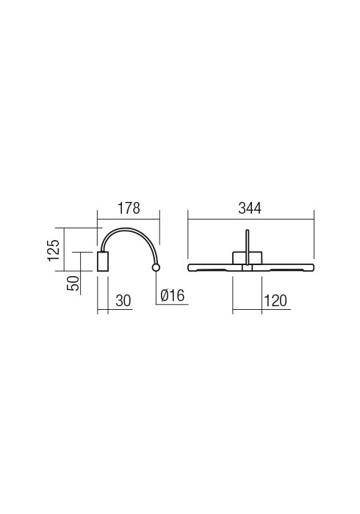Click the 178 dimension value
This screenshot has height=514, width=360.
[129, 209]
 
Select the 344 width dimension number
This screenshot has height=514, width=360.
[250, 209]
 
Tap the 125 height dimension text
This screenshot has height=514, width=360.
[54, 250]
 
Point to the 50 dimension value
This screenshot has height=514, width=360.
[73, 283]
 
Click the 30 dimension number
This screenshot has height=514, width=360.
[123, 300]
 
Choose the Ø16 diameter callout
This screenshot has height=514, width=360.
[173, 296]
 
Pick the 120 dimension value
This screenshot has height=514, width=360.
[275, 300]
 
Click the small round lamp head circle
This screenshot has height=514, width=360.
[156, 268]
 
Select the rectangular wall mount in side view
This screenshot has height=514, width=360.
[103, 261]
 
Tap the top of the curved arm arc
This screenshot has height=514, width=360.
[126, 228]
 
